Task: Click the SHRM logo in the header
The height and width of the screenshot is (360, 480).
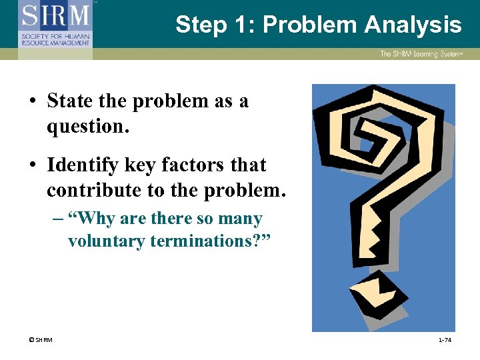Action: point(55,23)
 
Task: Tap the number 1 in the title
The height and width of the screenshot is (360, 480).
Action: point(239,25)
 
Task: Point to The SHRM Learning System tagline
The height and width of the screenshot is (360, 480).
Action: point(421,54)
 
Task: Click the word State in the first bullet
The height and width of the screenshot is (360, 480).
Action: point(69,101)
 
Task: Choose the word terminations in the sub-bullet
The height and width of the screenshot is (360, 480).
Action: point(205,241)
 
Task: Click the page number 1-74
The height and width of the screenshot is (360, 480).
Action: point(445,341)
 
